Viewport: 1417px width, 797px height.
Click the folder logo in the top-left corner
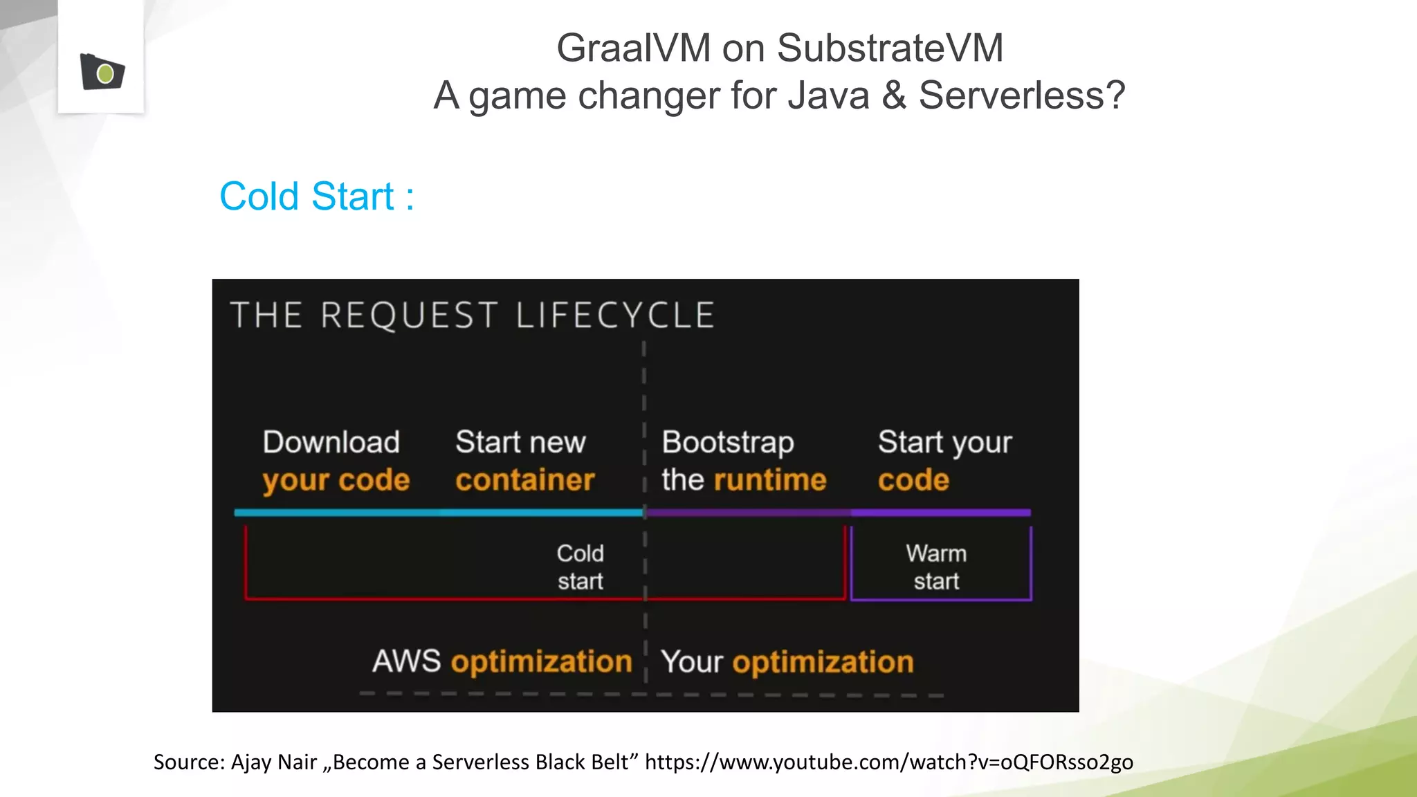102,72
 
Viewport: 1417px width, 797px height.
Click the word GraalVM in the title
633,48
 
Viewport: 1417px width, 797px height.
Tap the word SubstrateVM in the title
890,48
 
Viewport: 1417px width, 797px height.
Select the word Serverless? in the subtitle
1022,95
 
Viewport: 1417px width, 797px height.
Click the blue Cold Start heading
316,196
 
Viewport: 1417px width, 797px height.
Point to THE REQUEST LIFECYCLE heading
473,315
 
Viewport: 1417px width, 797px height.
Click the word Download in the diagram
331,442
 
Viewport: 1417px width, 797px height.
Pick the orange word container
524,480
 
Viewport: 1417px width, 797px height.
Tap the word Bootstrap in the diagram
727,443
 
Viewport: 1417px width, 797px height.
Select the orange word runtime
770,480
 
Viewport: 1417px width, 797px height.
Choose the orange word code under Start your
913,480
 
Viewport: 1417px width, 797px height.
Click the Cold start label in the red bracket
580,567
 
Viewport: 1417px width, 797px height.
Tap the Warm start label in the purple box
936,567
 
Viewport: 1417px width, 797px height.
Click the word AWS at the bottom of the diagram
406,661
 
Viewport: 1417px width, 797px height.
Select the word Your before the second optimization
691,662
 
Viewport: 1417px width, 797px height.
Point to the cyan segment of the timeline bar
439,513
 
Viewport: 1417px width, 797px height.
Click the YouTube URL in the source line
888,762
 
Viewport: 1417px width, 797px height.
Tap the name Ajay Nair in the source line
274,762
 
